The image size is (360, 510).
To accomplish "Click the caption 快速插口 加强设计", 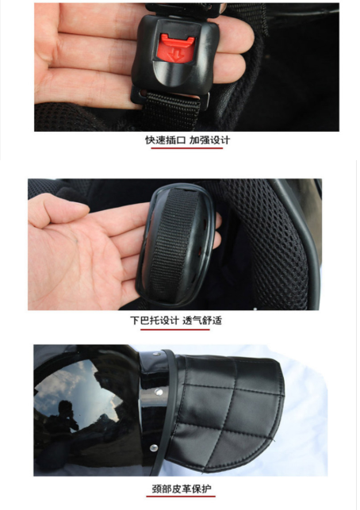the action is click(x=187, y=140).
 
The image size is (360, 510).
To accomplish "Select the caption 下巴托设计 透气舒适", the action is click(x=176, y=320).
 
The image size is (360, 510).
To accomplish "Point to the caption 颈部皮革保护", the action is click(x=181, y=489).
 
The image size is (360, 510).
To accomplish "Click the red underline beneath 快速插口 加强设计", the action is click(x=187, y=148).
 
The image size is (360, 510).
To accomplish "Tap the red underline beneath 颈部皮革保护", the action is click(x=181, y=497).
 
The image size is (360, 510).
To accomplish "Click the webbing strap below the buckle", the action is click(x=171, y=110).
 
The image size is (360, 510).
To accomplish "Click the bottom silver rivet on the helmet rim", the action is click(x=154, y=448).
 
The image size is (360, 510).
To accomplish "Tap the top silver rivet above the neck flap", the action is click(x=157, y=353).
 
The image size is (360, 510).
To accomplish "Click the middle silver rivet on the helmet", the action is click(x=159, y=392).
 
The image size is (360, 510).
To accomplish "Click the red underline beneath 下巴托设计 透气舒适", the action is click(x=175, y=329).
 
